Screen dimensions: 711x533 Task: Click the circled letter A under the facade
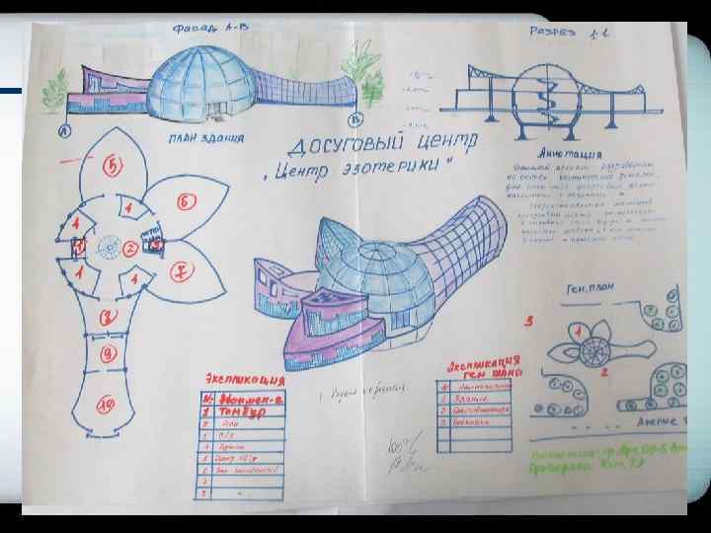click(64, 130)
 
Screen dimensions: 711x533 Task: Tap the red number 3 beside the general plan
click(529, 321)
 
